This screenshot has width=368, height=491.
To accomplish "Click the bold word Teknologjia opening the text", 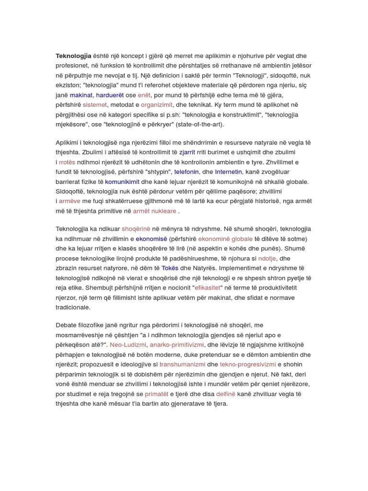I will (x=73, y=56).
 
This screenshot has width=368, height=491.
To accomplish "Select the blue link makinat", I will (x=81, y=95).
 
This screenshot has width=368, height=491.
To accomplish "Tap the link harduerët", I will (x=110, y=95).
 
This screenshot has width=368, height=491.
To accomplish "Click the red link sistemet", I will (x=95, y=105).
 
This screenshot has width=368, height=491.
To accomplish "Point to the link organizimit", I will (x=157, y=105).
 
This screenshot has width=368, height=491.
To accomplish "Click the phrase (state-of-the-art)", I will (x=199, y=124).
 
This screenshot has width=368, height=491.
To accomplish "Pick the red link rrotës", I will (x=67, y=162).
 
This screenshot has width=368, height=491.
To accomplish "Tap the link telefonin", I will (x=186, y=172).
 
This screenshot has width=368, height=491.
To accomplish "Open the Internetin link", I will (x=229, y=172).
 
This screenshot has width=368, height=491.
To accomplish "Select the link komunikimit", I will (x=122, y=182).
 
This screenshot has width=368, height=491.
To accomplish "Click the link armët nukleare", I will (x=154, y=211).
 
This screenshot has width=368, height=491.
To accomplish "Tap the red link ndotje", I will (x=267, y=258).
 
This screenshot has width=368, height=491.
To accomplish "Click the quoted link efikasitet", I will (x=207, y=288).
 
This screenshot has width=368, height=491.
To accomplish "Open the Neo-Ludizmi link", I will (x=128, y=345).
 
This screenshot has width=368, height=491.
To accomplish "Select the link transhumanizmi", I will (x=183, y=364).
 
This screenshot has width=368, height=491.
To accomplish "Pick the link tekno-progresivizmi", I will (x=248, y=364).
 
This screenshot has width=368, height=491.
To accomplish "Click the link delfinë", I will (x=226, y=394).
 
